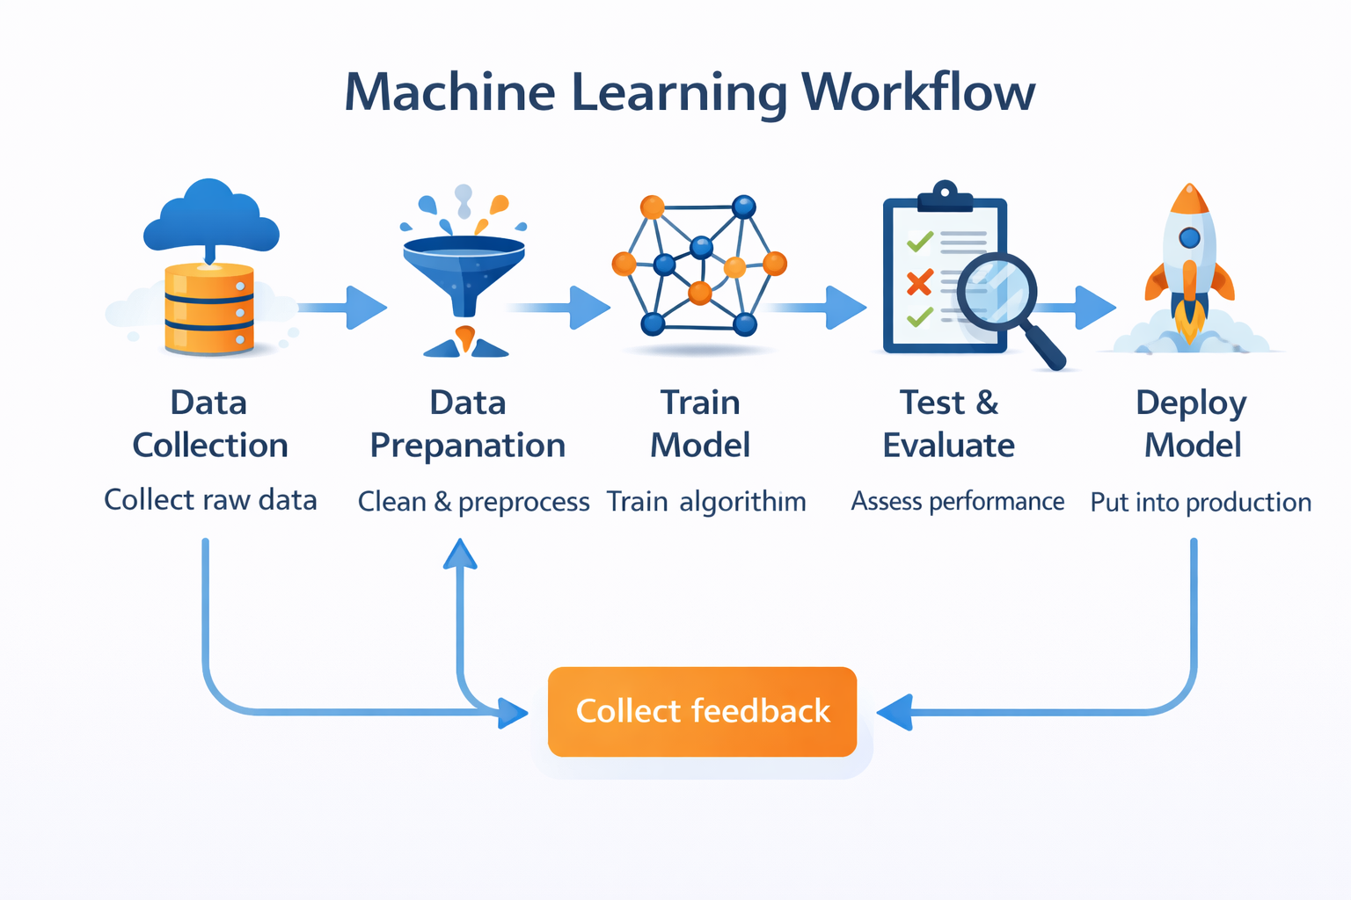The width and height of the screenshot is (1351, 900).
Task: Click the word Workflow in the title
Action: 918,91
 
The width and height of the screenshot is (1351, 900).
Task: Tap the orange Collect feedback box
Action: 702,711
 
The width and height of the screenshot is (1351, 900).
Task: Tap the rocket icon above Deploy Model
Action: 1189,264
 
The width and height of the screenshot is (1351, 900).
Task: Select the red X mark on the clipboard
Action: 919,282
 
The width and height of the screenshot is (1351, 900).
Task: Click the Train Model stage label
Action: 700,424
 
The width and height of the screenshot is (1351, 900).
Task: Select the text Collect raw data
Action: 210,500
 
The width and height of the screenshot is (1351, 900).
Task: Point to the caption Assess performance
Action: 958,502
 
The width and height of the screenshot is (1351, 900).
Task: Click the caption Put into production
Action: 1201,503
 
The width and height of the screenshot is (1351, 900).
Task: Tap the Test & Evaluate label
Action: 949,424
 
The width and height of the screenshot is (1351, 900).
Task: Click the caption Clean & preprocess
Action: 473,502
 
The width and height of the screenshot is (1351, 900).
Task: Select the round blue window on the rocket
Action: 1189,237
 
